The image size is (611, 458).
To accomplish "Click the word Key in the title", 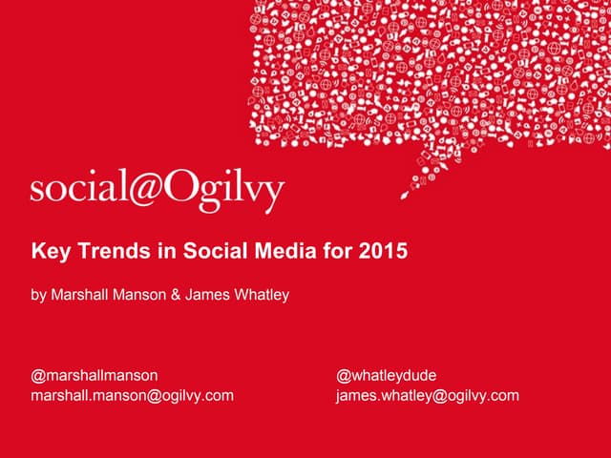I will point(49,253).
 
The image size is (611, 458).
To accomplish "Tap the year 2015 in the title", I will point(384,253).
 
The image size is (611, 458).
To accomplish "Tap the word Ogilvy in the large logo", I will point(224,191).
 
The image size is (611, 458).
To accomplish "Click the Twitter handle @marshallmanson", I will point(95,376).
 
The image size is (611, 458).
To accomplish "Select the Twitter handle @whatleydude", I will point(386,376).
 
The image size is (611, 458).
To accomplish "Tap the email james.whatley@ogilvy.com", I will point(428,395).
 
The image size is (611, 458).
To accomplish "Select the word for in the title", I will point(342,253).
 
